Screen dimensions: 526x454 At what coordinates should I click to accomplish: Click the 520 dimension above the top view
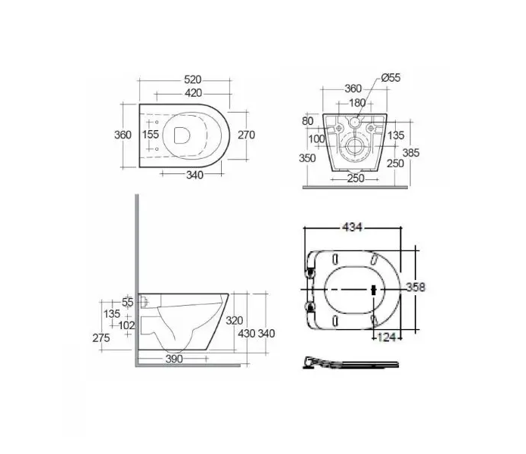(x=192, y=79)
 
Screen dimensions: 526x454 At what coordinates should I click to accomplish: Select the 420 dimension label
(x=193, y=93)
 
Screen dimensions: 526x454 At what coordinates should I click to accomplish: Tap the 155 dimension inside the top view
(x=151, y=134)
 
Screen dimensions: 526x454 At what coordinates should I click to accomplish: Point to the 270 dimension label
(x=246, y=135)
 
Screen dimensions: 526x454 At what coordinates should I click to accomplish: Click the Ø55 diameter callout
(x=391, y=78)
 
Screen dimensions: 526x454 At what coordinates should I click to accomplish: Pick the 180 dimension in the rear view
(x=357, y=103)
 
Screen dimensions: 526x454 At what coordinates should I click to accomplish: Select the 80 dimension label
(x=307, y=121)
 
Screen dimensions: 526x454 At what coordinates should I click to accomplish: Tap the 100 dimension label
(x=316, y=138)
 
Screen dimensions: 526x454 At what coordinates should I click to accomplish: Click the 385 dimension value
(x=411, y=153)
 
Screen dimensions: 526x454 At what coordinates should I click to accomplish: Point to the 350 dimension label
(x=307, y=158)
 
